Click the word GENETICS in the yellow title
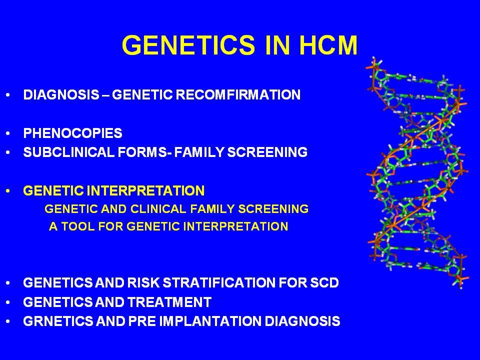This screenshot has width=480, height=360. [x=188, y=45]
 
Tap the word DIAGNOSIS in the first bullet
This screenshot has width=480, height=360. [x=61, y=94]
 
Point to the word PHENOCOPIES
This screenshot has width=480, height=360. [x=73, y=133]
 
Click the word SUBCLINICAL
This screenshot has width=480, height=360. [x=68, y=152]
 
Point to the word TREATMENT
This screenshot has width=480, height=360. [x=169, y=302]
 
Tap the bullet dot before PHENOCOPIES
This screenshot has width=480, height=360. [x=8, y=133]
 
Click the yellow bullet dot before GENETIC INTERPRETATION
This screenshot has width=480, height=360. [x=8, y=191]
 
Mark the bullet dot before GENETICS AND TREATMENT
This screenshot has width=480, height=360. [x=8, y=302]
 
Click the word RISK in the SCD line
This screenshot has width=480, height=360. [x=143, y=282]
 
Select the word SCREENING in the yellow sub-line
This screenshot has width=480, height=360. [x=273, y=209]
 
